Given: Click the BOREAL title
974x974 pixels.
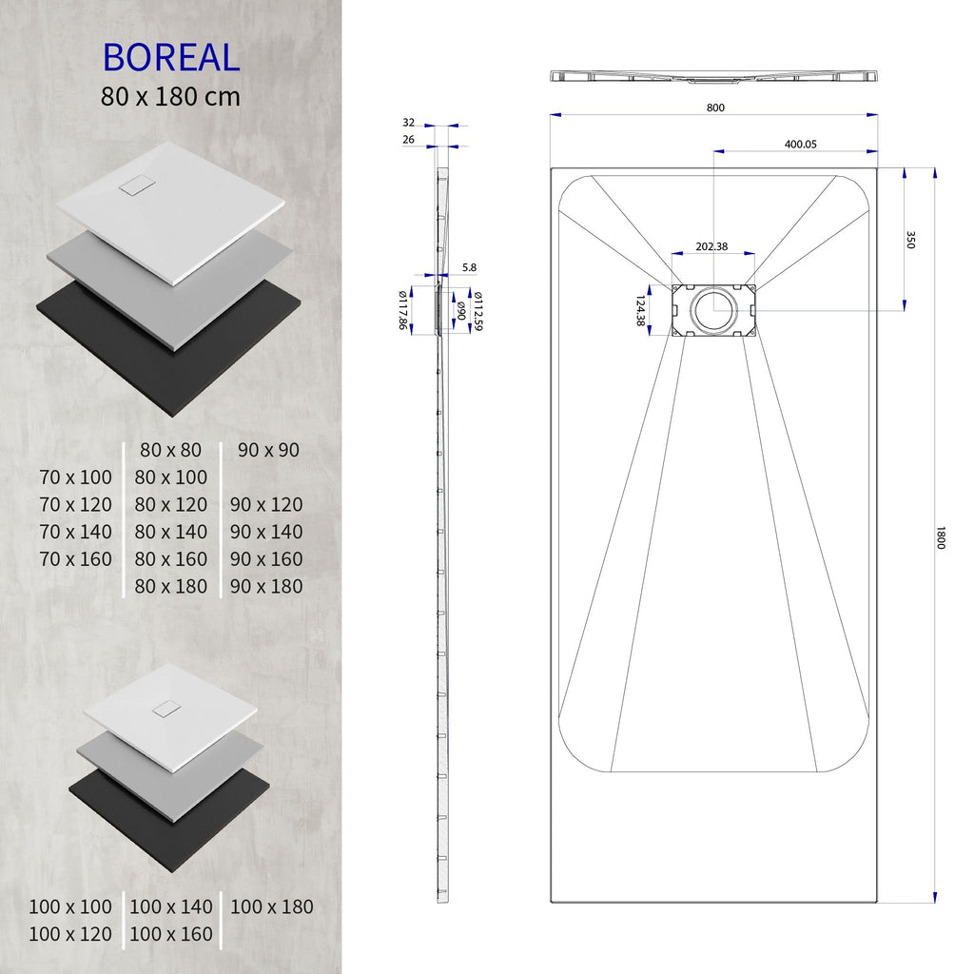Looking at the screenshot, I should click(x=171, y=57).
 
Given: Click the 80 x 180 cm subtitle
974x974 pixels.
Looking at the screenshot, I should click(x=171, y=96).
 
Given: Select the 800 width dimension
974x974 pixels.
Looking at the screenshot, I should click(x=714, y=107).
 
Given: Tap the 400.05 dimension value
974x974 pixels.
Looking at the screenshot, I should click(x=800, y=145).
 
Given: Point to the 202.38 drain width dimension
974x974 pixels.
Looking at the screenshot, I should click(x=711, y=246).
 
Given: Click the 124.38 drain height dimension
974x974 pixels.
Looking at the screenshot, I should click(x=640, y=310).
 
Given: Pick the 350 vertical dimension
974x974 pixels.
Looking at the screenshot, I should click(x=910, y=240).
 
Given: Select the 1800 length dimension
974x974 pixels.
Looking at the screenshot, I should click(x=941, y=537).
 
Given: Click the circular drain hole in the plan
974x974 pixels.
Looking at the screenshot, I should click(x=713, y=309).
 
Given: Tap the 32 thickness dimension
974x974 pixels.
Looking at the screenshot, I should click(x=408, y=123).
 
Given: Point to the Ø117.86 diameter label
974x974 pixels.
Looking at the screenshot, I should click(x=402, y=310).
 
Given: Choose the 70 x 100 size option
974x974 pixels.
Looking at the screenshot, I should click(x=76, y=477).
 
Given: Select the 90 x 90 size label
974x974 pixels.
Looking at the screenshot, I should click(x=268, y=449).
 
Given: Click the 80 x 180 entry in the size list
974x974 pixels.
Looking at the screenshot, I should click(x=171, y=586).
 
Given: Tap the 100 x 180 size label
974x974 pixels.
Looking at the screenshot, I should click(x=271, y=906).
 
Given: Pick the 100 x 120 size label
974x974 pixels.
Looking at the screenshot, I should click(x=70, y=934).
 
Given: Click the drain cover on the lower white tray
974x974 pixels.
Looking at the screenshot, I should click(x=166, y=709).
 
